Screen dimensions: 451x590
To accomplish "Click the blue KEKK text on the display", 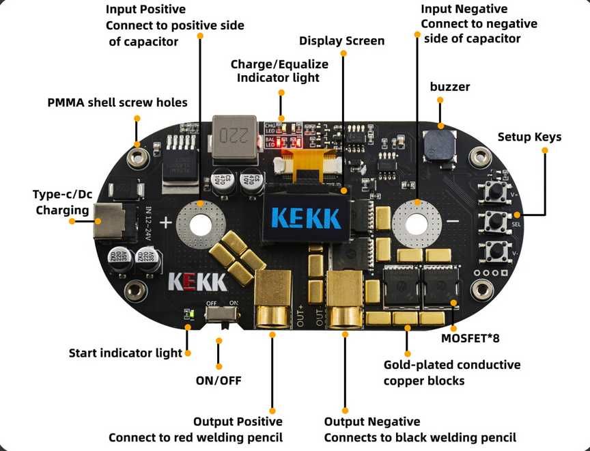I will pos(306,217).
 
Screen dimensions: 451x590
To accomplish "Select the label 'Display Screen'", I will pos(341,41).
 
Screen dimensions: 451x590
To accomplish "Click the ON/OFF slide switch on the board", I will pos(222,314).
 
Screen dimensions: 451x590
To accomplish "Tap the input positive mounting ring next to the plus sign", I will pos(200,223).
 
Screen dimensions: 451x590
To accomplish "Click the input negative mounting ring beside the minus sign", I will pos(417,222).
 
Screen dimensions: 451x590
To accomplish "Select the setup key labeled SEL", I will pos(496,221).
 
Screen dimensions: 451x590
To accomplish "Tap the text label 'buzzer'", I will pos(450,87).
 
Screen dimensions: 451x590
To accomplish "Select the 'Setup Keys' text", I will pos(529,137).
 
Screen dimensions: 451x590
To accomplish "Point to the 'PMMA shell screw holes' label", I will pos(117,102).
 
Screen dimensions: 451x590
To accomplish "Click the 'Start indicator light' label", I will pos(126,353).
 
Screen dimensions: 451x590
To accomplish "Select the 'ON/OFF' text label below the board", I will pos(219,380).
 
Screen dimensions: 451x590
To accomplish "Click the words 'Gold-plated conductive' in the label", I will pos(452,365).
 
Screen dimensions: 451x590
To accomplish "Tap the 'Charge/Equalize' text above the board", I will pos(279,64).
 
